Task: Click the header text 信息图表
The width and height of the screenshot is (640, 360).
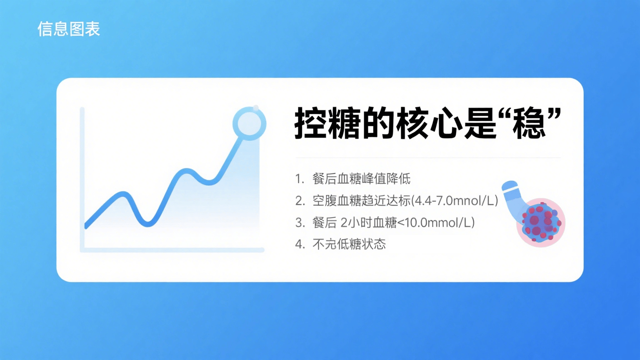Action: click(69, 29)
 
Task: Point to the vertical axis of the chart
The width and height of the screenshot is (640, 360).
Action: click(82, 180)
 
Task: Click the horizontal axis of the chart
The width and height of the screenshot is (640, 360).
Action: click(172, 250)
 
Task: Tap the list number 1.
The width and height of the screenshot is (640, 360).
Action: click(299, 179)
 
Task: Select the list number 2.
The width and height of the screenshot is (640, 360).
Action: click(300, 201)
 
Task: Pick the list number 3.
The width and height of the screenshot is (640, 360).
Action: click(300, 222)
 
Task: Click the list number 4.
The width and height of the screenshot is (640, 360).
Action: click(300, 244)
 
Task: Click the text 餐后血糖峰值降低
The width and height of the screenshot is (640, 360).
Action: click(361, 179)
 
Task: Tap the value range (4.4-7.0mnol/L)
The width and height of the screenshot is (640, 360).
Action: click(455, 201)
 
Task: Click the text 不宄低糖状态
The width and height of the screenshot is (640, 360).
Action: click(349, 244)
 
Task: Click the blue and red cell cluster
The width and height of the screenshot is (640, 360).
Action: click(540, 222)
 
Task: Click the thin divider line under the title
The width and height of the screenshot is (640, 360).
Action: click(428, 157)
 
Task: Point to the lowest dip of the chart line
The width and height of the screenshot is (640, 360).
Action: click(148, 224)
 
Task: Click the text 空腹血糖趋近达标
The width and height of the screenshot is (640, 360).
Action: click(361, 201)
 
